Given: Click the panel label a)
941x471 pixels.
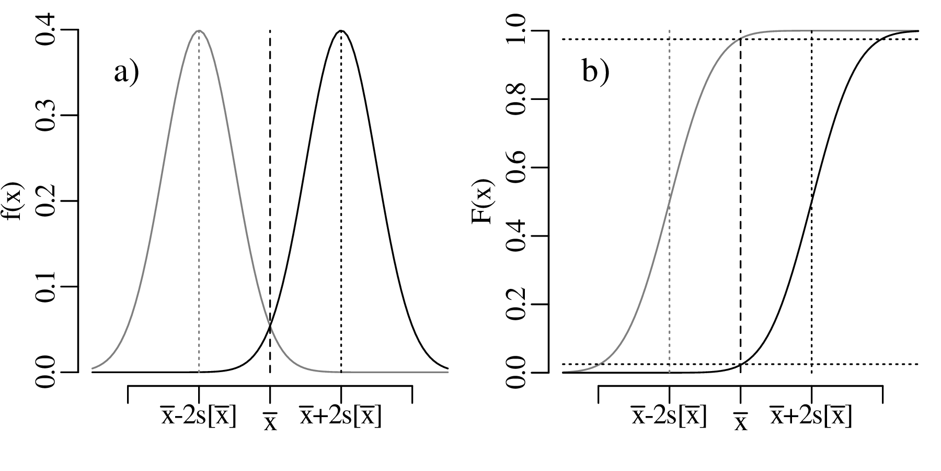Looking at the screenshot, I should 127,73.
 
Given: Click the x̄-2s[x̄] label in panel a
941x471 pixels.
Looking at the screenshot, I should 198,416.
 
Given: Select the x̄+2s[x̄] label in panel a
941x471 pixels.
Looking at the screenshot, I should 340,416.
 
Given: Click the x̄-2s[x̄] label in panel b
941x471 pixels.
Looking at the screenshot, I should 669,416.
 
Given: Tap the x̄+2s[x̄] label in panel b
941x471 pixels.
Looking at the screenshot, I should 810,416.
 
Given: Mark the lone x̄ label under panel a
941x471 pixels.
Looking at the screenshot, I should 270,421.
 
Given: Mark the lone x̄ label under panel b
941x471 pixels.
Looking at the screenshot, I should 740,421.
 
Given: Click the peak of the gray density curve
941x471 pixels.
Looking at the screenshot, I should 199,31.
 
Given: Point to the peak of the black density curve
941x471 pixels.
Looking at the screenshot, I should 341,31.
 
